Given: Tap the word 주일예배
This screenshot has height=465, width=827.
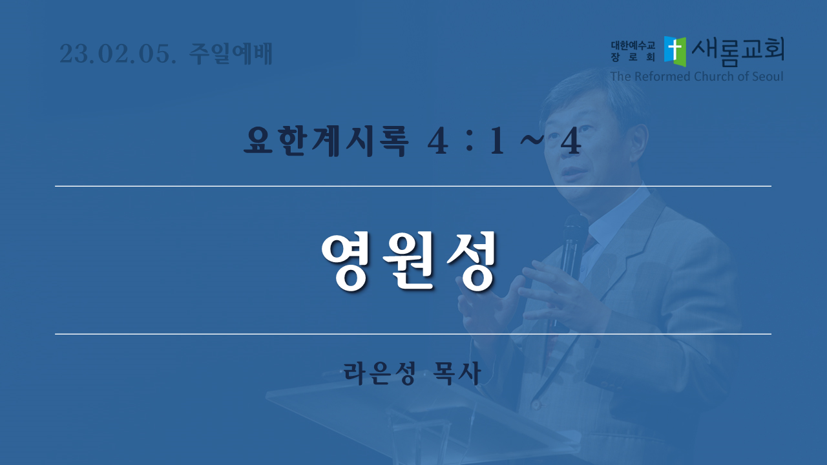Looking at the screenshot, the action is [x=231, y=54].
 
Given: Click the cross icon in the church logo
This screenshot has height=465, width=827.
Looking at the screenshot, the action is [x=675, y=51].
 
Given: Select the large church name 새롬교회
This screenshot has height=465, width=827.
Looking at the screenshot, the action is [x=738, y=51].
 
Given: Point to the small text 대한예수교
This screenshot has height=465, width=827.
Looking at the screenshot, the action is [x=633, y=45].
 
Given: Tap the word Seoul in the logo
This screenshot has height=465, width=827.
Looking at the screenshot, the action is [x=766, y=76].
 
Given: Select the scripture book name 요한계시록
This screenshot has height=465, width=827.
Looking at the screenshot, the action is [x=326, y=141].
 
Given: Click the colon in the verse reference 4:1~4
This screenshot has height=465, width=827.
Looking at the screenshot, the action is [x=469, y=142].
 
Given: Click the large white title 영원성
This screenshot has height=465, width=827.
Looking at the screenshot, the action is [x=408, y=262].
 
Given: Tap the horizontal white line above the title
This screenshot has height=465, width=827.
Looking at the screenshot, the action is [x=413, y=187].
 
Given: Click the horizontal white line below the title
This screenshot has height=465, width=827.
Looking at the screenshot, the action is [x=413, y=334].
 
